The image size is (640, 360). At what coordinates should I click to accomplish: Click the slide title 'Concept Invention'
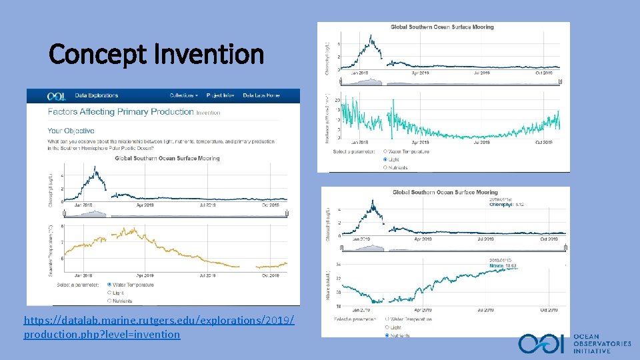(x=157, y=54)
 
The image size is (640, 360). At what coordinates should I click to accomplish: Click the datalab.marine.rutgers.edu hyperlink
(x=159, y=327)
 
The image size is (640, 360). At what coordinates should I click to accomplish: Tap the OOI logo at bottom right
(x=542, y=344)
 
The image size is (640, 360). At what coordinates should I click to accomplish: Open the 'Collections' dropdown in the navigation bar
(x=183, y=96)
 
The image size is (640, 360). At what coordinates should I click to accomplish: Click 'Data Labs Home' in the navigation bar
(x=261, y=96)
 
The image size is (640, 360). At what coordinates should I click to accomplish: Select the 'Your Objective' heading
(x=71, y=131)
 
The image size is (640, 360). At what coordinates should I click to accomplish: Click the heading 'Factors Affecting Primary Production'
(x=121, y=112)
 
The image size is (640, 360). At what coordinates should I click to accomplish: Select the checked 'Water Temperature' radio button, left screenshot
(x=110, y=285)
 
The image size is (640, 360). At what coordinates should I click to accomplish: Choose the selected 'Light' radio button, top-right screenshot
(x=386, y=159)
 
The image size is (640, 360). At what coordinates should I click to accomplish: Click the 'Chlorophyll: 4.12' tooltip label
(x=506, y=205)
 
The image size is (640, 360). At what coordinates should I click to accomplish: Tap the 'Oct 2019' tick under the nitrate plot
(x=549, y=310)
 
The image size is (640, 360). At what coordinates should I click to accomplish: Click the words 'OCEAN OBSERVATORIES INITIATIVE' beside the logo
(x=602, y=344)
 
